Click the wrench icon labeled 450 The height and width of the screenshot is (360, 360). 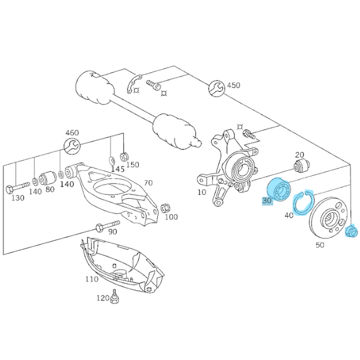click(217, 88)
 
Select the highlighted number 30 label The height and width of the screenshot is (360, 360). click(267, 201)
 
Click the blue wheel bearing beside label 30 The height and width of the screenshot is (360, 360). click(279, 189)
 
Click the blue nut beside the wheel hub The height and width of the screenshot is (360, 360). click(351, 232)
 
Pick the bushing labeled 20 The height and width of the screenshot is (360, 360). click(302, 166)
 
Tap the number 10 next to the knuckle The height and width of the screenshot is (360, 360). click(202, 192)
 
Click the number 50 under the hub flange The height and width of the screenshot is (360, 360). click(320, 245)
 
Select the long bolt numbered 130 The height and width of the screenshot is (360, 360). click(18, 187)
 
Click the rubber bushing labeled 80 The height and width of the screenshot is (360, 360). click(47, 177)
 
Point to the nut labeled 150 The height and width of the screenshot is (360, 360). click(124, 157)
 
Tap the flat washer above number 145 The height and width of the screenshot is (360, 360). click(111, 161)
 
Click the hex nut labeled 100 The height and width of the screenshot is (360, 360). click(165, 208)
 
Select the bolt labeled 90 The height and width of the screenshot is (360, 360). click(107, 226)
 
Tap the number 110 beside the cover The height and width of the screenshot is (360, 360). click(92, 279)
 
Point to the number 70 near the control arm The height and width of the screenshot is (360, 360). click(148, 183)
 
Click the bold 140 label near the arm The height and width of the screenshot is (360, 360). click(67, 184)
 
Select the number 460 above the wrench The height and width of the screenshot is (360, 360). click(72, 133)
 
